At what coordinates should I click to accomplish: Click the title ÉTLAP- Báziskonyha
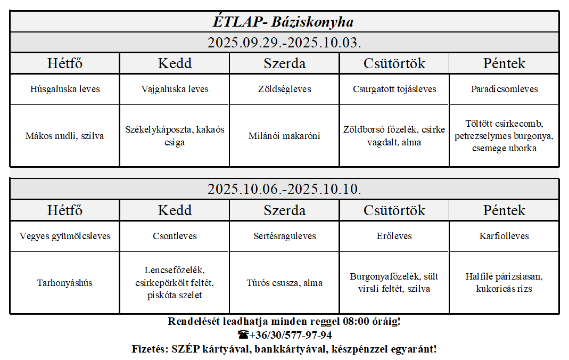pos(284,22)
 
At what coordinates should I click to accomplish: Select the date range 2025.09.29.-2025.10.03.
pos(284,43)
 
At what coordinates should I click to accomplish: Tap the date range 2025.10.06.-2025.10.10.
pos(284,189)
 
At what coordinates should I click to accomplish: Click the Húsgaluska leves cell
pos(65,89)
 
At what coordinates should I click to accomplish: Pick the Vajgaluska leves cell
pos(175,89)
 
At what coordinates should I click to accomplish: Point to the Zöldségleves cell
pos(284,89)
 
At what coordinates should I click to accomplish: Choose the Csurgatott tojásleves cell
pos(394,89)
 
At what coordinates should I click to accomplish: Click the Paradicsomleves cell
pos(504,89)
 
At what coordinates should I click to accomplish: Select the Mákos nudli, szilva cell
pos(65,136)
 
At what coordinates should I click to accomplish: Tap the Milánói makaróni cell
pos(284,136)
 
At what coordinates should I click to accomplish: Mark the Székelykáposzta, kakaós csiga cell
pos(175,136)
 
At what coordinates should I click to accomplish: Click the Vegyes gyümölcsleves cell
pos(65,236)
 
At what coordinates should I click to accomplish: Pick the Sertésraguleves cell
pos(284,236)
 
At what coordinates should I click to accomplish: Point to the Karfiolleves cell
pos(504,236)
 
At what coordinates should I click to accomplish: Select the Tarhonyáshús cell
pos(65,283)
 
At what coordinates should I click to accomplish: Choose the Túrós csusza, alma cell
pos(284,283)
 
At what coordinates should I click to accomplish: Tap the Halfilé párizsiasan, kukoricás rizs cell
pos(504,283)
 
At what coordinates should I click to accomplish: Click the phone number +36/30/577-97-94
pos(291,335)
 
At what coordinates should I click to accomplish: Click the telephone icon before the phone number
pos(243,335)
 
